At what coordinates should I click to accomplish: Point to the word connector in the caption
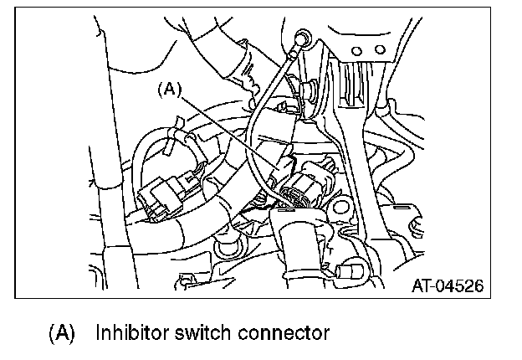[x=279, y=332]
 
